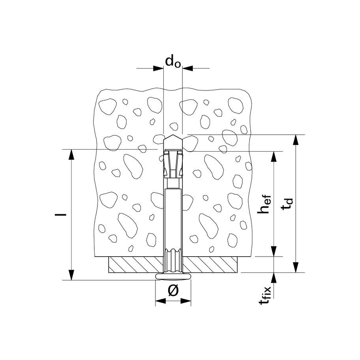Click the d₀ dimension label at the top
click(x=173, y=61)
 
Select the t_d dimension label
click(x=287, y=204)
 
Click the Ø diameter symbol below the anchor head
click(x=173, y=290)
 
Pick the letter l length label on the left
click(x=61, y=215)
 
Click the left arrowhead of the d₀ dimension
click(x=158, y=68)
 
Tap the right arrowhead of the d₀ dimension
click(x=187, y=68)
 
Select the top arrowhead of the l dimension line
click(x=71, y=154)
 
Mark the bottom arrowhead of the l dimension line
click(x=71, y=275)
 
